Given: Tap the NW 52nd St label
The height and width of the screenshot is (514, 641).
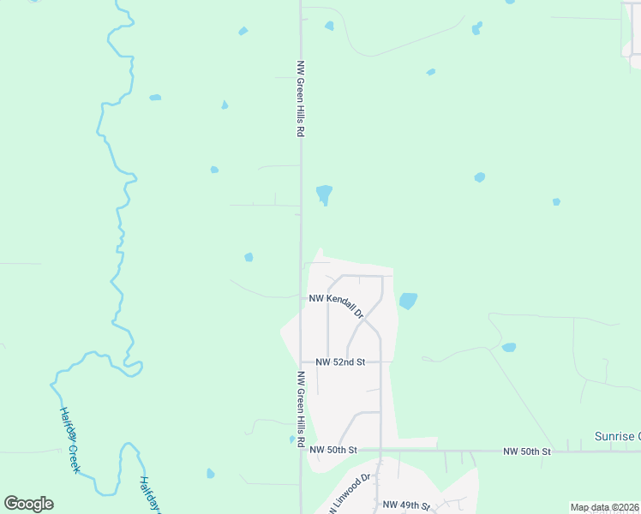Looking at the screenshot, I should coord(340,362).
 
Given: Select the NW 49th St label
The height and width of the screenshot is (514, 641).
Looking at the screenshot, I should coord(406,505).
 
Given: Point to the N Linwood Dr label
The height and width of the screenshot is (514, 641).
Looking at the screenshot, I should coord(350,494).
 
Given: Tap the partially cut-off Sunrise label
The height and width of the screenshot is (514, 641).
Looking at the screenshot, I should coord(617,436).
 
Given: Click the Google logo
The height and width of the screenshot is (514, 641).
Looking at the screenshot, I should coord(28,504).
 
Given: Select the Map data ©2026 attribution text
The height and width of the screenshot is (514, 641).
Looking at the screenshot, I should coord(604,507).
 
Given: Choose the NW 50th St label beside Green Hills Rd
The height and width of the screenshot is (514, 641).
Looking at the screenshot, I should coord(332,450).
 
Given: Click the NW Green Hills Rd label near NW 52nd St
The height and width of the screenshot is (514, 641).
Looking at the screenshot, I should coord(301,409).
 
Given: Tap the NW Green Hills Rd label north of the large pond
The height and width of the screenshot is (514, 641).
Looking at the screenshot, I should coord(301,99).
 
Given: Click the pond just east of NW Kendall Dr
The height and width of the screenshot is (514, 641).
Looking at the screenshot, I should coord(408,301).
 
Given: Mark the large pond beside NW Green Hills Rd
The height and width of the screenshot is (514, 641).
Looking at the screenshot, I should coord(324,194).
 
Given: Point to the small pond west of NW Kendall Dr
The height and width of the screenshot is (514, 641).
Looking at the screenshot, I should coord(249,257).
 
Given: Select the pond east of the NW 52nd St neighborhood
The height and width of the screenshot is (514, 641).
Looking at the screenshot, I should coord(509,348).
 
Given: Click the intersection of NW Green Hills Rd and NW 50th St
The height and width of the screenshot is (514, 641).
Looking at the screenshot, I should coord(301,450).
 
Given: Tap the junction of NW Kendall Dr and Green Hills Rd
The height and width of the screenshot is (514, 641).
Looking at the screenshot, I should coord(301,297).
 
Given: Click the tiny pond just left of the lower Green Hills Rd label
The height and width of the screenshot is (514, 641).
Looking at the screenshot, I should coord(291,439).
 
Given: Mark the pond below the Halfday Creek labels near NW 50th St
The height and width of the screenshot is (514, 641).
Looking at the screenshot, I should coord(211,473).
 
